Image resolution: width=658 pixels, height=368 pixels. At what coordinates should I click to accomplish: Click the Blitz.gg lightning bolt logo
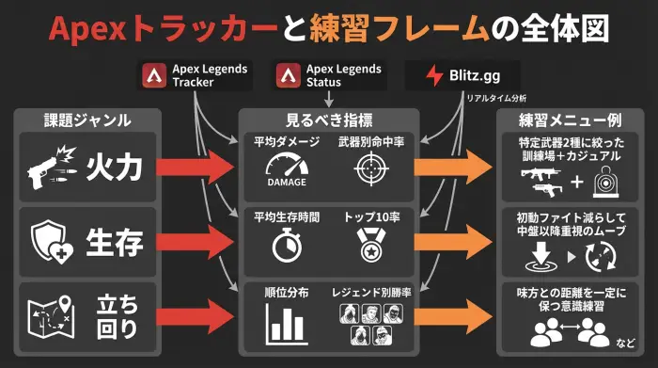tap(434, 75)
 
